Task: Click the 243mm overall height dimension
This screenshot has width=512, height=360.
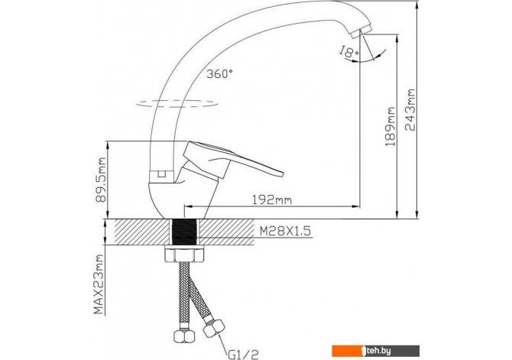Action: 410,110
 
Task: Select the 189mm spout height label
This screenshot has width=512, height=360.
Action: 390,126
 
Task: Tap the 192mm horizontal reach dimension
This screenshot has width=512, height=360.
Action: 272,199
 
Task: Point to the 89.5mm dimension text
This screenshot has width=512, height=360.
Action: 102,180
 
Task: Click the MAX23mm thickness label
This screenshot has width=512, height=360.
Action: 99,284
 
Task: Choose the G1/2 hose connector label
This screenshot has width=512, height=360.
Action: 243,353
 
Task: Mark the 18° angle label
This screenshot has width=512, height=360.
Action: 348,52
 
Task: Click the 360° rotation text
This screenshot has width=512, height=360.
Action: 220,74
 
